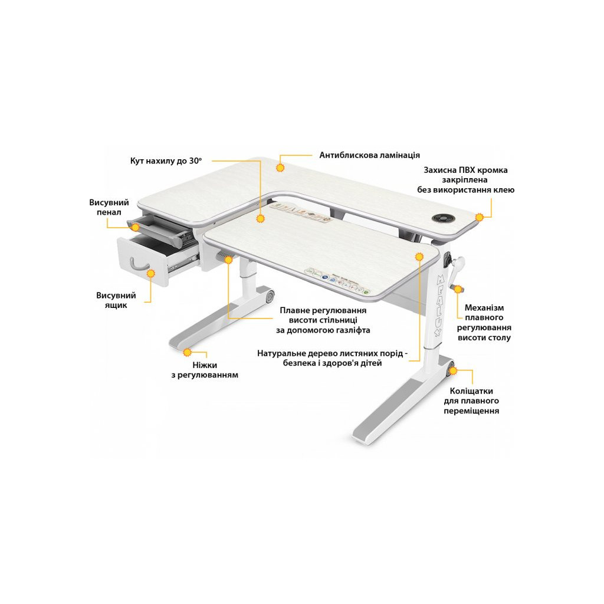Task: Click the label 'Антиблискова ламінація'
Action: tap(369, 155)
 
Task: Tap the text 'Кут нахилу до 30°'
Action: tap(166, 160)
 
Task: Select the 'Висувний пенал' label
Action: tap(109, 207)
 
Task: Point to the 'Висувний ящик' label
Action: tap(116, 300)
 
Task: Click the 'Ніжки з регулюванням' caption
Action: tap(205, 370)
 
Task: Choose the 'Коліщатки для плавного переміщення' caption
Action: tap(471, 401)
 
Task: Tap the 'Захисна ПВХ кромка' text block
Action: tap(466, 180)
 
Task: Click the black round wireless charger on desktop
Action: tap(441, 218)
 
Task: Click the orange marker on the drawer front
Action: tap(150, 274)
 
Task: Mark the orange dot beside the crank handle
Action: tap(458, 289)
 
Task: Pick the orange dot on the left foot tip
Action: tap(188, 352)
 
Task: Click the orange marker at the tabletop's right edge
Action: tap(479, 217)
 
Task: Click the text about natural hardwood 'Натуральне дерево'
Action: tap(332, 358)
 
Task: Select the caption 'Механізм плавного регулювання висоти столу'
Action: tap(484, 323)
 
